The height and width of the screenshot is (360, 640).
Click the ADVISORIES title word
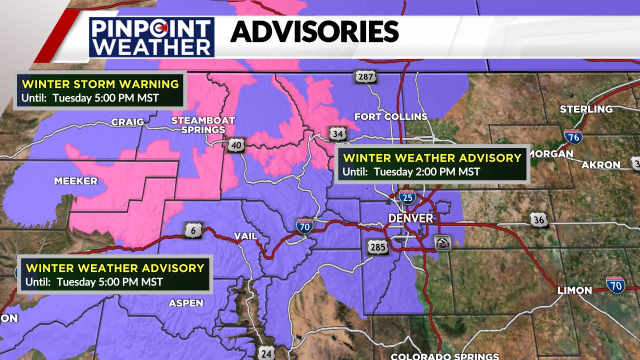(314, 32)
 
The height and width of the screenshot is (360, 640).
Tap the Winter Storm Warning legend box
(100, 90)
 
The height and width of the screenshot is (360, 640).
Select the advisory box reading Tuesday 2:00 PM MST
(432, 164)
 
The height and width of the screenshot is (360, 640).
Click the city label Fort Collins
(391, 116)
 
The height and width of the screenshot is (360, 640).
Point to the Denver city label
(411, 218)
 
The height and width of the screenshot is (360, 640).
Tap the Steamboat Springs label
(203, 125)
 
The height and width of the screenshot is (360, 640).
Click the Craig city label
(127, 122)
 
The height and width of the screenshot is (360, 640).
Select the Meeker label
(76, 181)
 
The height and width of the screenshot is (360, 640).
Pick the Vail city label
(245, 236)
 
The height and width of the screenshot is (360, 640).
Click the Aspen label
(186, 303)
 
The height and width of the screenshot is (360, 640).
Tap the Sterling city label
(586, 109)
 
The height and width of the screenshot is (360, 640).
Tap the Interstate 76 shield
(573, 136)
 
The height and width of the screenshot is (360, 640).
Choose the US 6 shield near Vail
(195, 230)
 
